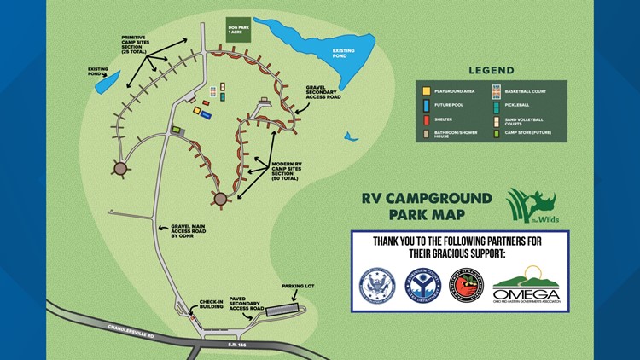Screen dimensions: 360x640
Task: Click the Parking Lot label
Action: click(x=297, y=287)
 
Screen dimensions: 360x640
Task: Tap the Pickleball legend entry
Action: click(x=517, y=104)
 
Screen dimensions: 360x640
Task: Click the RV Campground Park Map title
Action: click(x=428, y=206)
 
